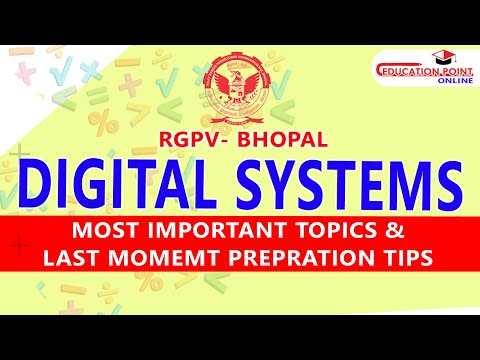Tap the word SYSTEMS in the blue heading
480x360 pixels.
(335, 183)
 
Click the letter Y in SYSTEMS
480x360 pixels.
(284, 183)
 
